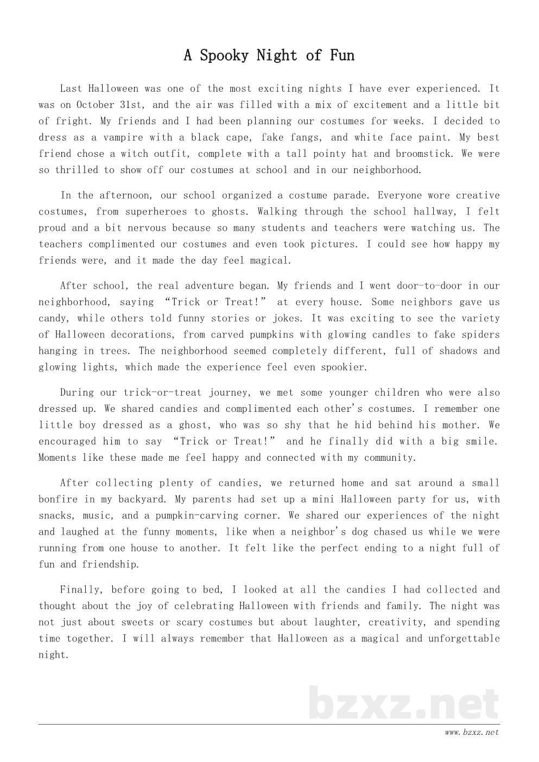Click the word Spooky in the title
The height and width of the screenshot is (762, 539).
[224, 55]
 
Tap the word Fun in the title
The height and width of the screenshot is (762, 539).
[342, 55]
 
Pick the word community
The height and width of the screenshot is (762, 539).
[390, 458]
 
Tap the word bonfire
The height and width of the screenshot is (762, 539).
[58, 499]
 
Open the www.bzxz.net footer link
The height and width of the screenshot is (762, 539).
[471, 733]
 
